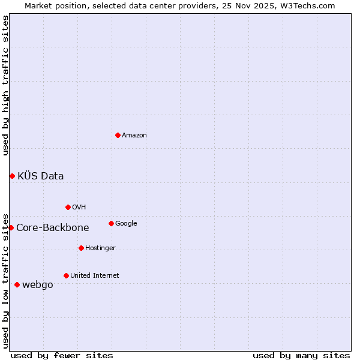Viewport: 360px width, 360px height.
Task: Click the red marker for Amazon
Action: [x=118, y=135]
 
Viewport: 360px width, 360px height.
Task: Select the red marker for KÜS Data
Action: [x=12, y=176]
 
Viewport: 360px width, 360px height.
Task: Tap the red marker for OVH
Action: [x=68, y=207]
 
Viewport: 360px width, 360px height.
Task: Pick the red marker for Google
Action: [x=111, y=223]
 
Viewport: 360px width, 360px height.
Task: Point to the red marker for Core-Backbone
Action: [x=11, y=227]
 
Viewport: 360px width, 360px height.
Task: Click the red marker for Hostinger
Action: [x=81, y=248]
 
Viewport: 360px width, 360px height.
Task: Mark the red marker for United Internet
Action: [x=66, y=275]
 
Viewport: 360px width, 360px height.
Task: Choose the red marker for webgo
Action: [x=17, y=284]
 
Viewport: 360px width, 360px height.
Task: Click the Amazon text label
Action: [x=134, y=135]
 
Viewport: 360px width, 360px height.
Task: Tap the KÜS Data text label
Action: [x=41, y=176]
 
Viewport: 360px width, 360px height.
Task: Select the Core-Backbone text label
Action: [x=53, y=227]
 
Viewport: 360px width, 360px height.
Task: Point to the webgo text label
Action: [x=38, y=284]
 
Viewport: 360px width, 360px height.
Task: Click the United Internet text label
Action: [x=95, y=275]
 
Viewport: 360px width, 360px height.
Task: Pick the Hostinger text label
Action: [x=100, y=248]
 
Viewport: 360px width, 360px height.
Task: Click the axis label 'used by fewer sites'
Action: [x=62, y=355]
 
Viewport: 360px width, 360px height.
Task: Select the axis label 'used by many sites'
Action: [x=301, y=355]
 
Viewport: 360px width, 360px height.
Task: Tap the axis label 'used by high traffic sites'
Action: [x=5, y=85]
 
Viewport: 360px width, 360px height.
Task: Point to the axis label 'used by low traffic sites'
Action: [x=5, y=280]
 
